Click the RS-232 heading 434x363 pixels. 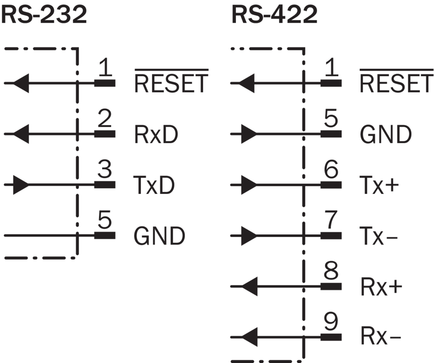click(x=44, y=15)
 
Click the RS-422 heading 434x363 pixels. click(x=274, y=15)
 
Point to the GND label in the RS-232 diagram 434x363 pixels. click(x=159, y=236)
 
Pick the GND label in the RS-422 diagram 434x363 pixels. click(x=386, y=134)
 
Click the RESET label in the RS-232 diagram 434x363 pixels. click(x=171, y=83)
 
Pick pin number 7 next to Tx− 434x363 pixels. click(x=331, y=222)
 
